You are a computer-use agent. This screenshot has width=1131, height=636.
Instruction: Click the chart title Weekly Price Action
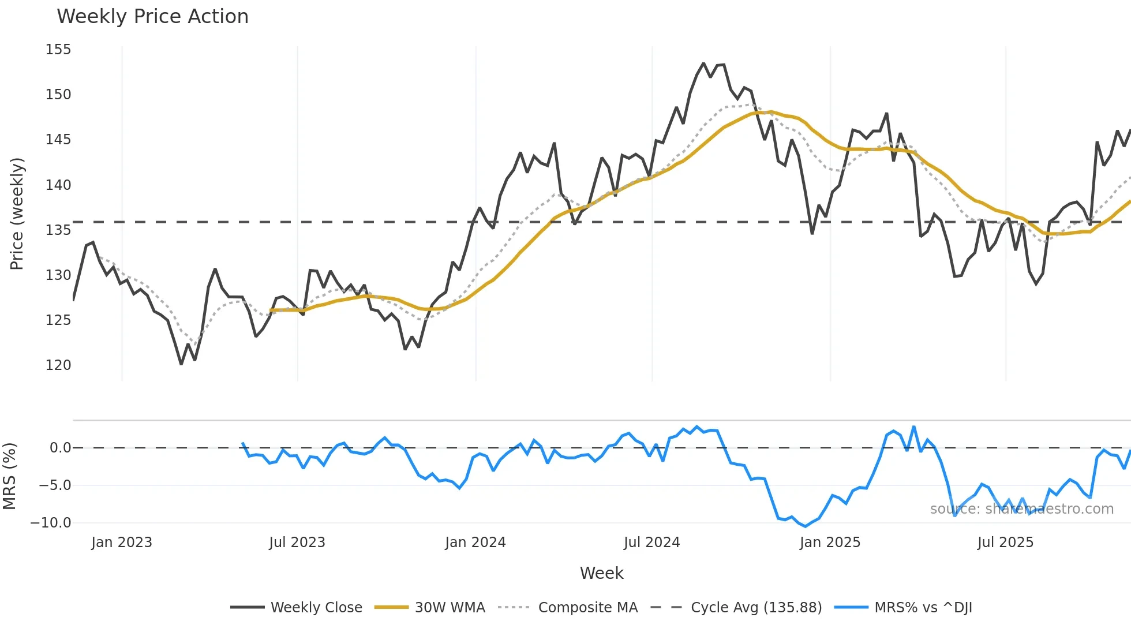point(152,17)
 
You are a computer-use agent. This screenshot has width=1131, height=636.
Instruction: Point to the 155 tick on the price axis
point(58,50)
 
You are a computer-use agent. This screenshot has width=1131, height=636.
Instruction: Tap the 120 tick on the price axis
point(58,365)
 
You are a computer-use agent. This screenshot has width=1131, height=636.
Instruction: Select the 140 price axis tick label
point(58,185)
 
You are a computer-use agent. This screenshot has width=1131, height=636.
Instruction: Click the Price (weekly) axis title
point(17,214)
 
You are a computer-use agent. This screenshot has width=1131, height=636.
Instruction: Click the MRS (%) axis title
point(9,476)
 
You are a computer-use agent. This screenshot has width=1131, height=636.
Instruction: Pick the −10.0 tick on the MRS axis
point(51,523)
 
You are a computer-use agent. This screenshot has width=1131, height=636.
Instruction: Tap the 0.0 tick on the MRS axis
point(60,448)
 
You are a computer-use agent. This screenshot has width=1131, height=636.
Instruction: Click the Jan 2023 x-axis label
point(122,543)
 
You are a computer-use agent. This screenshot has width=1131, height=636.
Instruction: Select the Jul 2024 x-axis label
point(651,543)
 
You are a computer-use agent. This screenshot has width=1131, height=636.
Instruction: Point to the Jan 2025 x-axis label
point(830,543)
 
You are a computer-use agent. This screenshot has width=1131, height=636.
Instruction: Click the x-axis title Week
point(601,573)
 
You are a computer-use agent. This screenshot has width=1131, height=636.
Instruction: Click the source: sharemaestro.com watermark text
point(1021,509)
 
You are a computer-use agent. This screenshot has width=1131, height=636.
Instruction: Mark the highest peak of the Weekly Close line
point(703,63)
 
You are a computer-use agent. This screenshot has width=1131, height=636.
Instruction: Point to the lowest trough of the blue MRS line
point(806,526)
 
